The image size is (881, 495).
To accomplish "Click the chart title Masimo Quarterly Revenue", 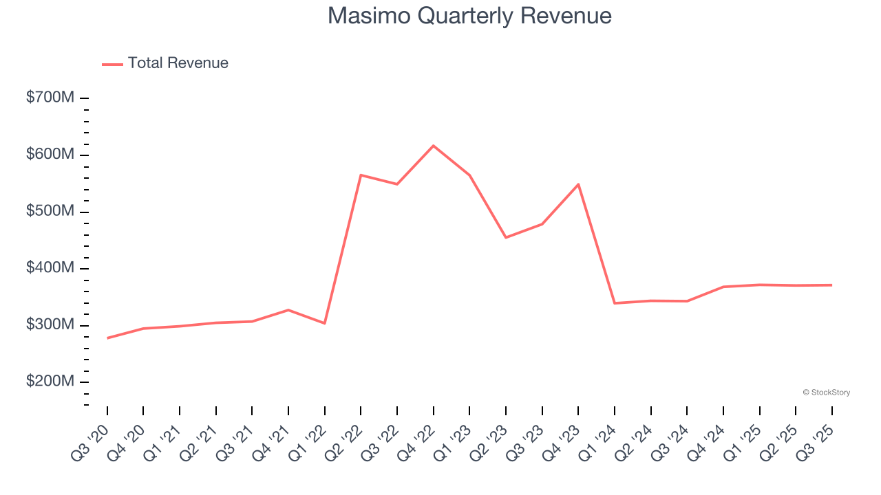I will pyautogui.click(x=469, y=16).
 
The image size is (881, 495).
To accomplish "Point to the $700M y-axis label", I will pyautogui.click(x=50, y=98).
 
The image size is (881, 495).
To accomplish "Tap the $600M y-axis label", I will pyautogui.click(x=50, y=155).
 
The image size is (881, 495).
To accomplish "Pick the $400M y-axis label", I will pyautogui.click(x=50, y=268).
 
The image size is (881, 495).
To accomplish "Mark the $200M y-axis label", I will pyautogui.click(x=50, y=382).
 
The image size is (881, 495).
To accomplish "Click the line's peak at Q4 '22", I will pyautogui.click(x=434, y=146).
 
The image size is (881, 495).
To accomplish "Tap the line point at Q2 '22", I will pyautogui.click(x=361, y=175).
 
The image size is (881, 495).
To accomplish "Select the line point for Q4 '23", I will pyautogui.click(x=578, y=184).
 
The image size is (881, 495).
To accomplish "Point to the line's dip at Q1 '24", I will pyautogui.click(x=615, y=303).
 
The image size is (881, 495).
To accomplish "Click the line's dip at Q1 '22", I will pyautogui.click(x=325, y=323).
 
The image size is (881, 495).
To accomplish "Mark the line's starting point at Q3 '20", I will pyautogui.click(x=107, y=338).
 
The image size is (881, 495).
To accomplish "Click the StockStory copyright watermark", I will pyautogui.click(x=826, y=393).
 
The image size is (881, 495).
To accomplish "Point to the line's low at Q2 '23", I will pyautogui.click(x=506, y=238).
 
